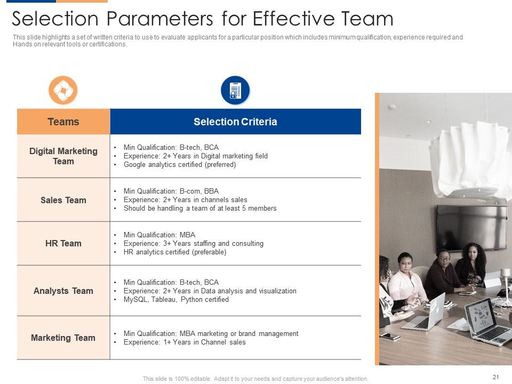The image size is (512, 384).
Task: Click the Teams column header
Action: click(63, 122)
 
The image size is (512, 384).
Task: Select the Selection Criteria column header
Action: click(235, 122)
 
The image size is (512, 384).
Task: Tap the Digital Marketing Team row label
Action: click(63, 156)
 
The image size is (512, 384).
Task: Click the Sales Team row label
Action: click(63, 200)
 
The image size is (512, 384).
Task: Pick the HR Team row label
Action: click(63, 243)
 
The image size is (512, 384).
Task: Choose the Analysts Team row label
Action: click(63, 291)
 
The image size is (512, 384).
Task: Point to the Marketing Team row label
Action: click(63, 338)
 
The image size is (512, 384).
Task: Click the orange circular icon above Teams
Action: click(63, 90)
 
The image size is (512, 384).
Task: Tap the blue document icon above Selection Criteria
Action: click(235, 90)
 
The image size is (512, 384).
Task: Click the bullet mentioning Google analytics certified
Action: click(179, 165)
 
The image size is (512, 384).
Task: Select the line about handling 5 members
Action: click(199, 209)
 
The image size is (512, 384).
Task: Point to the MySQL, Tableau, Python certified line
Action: click(176, 300)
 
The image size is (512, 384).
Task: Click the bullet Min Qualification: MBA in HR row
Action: click(159, 235)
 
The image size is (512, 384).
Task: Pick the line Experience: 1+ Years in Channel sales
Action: click(184, 342)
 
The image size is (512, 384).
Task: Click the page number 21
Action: click(495, 377)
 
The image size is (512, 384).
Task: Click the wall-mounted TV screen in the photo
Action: click(471, 227)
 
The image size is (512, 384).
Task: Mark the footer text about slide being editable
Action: click(255, 379)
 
